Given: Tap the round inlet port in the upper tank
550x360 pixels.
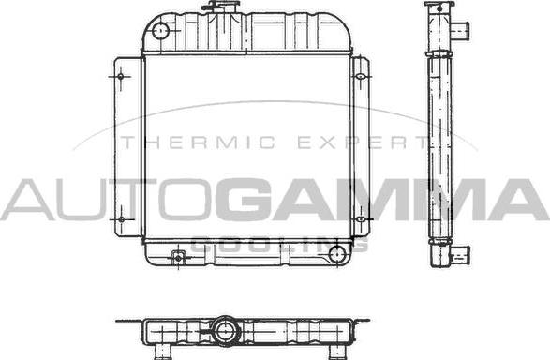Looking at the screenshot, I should coord(160,32).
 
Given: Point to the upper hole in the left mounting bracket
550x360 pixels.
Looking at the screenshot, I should coord(122,75).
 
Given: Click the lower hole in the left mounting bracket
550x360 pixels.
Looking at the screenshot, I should coord(122,221).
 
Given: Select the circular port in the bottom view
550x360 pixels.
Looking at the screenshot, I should coord(225,330).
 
